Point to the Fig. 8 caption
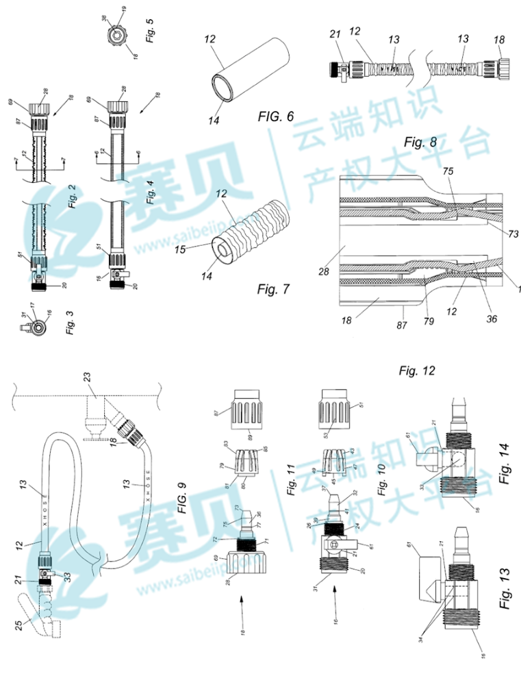click(420, 142)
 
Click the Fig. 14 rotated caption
click(505, 464)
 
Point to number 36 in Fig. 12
click(491, 318)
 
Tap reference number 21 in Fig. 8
click(335, 34)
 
